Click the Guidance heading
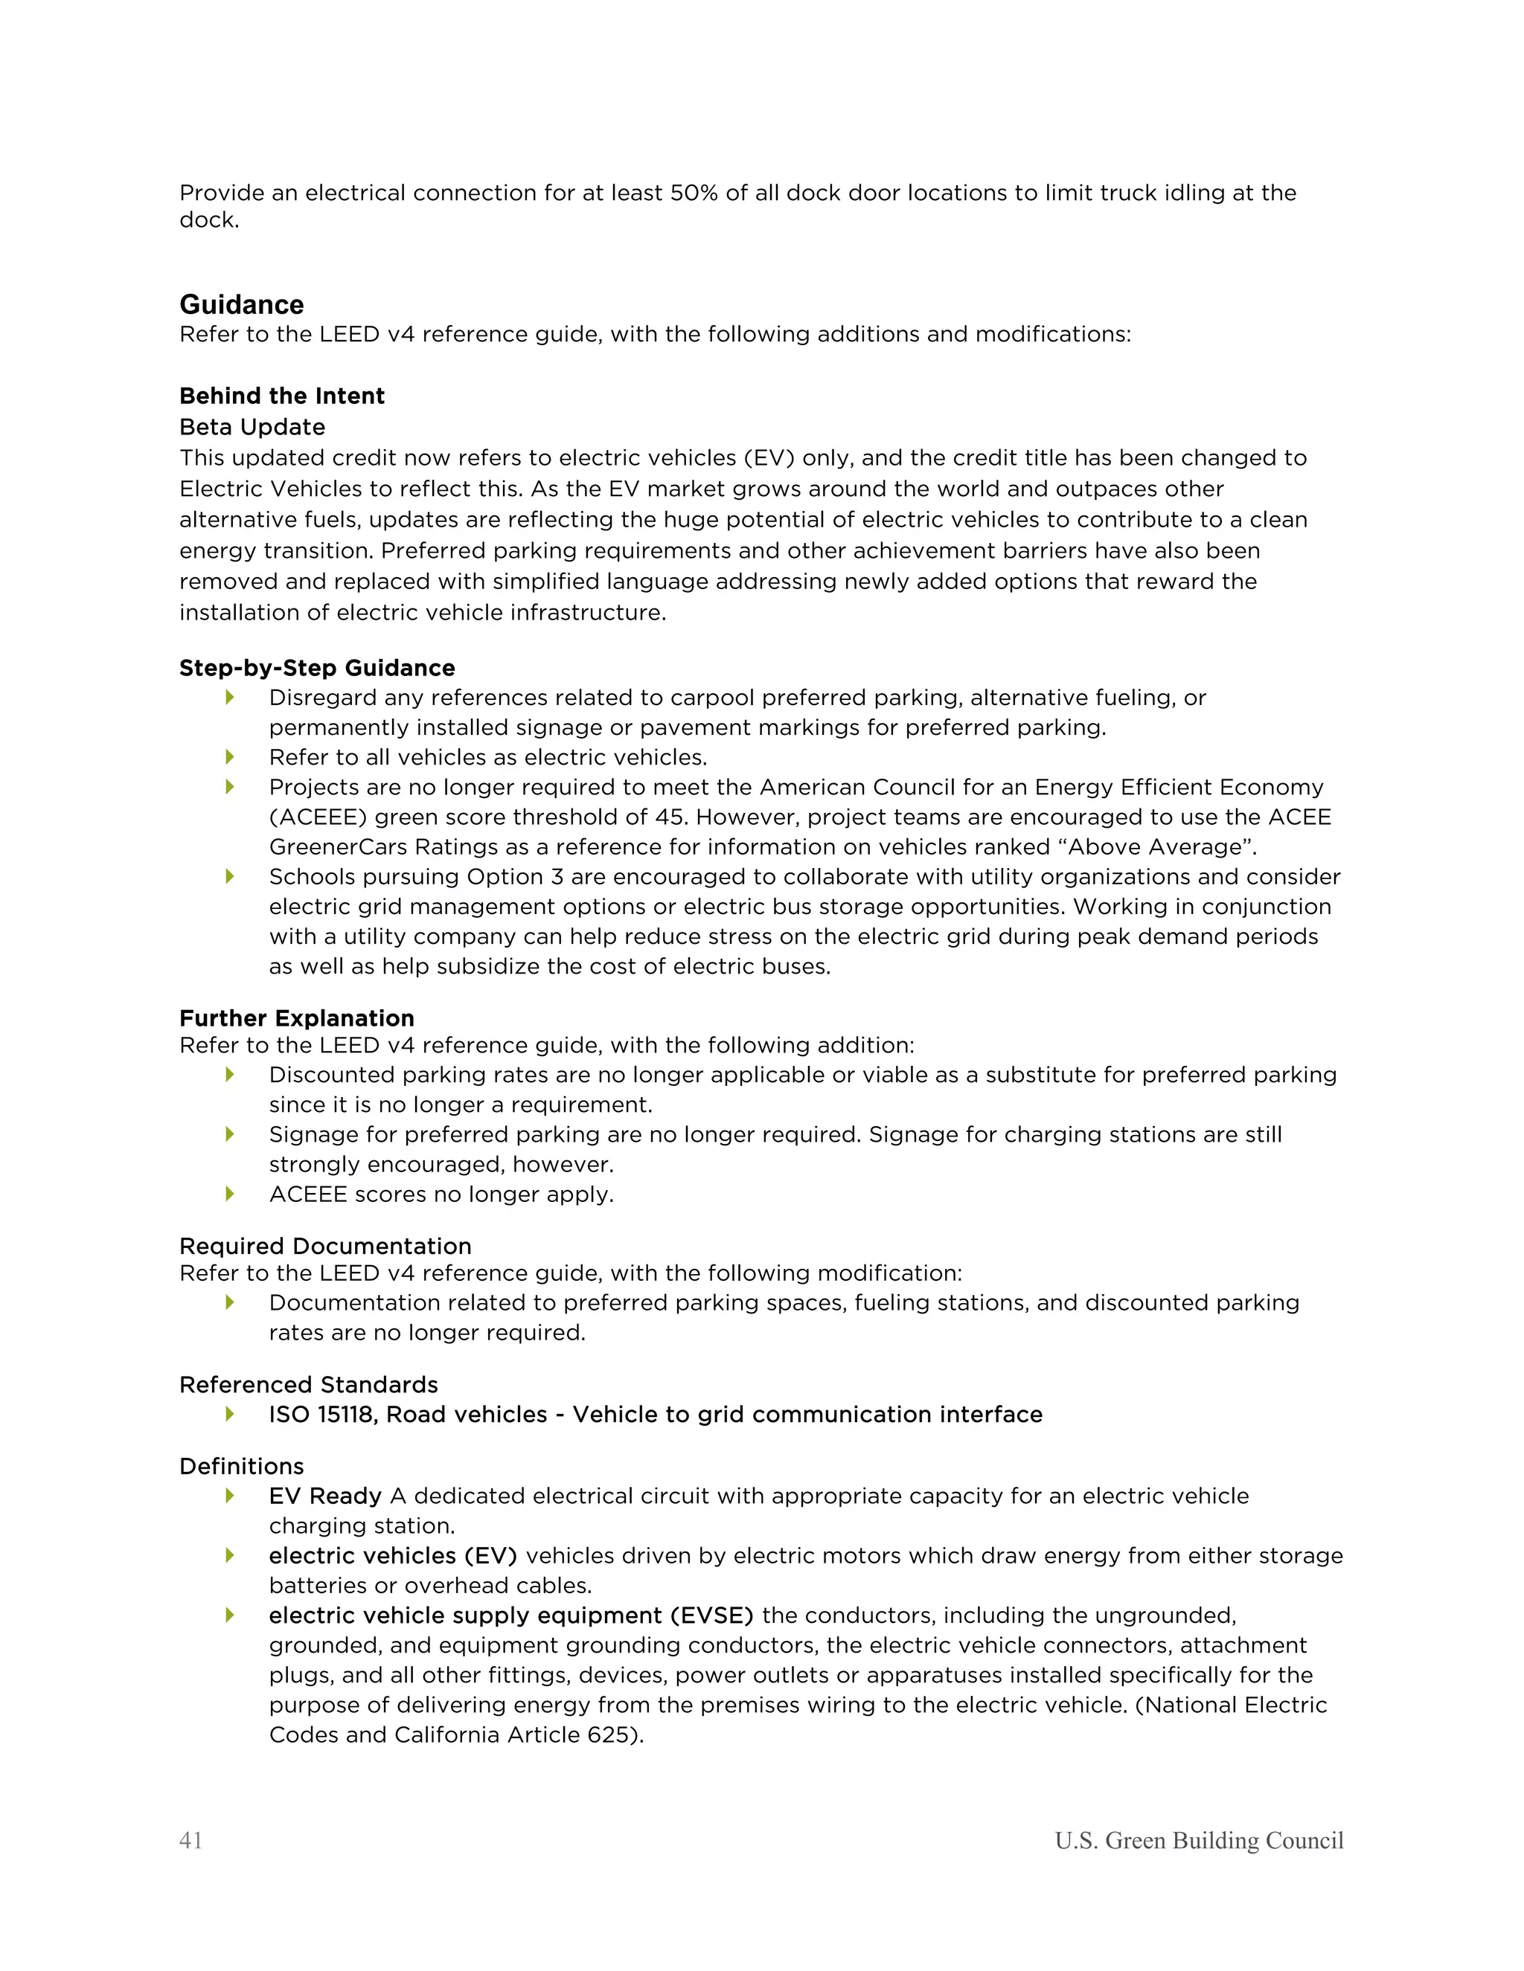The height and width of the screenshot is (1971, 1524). tap(241, 304)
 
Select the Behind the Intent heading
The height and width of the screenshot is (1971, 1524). tap(282, 396)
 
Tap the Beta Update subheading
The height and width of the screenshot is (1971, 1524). tap(252, 427)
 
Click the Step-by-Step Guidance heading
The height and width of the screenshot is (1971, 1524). tap(317, 668)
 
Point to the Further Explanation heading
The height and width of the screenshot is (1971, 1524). tap(296, 1018)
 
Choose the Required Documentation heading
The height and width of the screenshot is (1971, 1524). tap(325, 1247)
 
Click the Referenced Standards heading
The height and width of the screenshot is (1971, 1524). tap(308, 1384)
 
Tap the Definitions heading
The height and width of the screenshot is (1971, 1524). tap(241, 1466)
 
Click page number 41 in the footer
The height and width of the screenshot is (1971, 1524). tap(190, 1840)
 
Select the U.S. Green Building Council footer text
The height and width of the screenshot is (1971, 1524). tap(1198, 1840)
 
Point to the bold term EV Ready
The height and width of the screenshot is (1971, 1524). tap(325, 1496)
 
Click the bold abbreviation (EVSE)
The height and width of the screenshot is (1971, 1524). tap(711, 1615)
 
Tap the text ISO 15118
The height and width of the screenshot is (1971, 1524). tap(322, 1414)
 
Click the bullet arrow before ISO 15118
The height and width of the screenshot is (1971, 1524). tap(230, 1414)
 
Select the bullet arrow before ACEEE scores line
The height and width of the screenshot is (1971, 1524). tap(230, 1194)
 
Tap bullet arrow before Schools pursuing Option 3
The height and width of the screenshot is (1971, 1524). tap(230, 876)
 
